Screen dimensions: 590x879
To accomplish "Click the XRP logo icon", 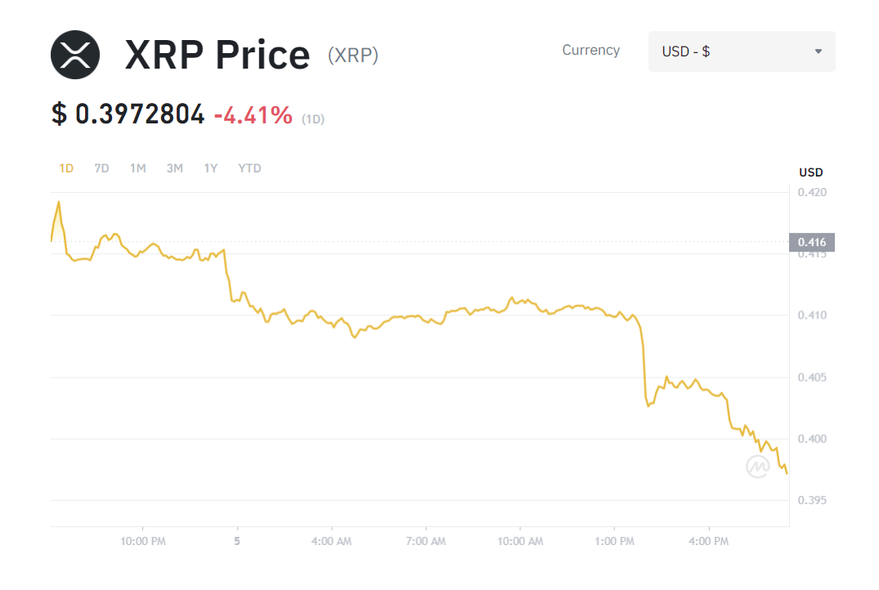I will (75, 55).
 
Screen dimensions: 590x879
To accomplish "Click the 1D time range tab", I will (66, 168).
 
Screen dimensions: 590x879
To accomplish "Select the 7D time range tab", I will (101, 168).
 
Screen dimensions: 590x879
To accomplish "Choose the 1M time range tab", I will (137, 168).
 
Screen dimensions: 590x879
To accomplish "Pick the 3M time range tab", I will (174, 168).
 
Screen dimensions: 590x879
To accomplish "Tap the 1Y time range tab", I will (211, 168).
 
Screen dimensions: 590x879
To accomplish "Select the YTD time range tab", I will (249, 168).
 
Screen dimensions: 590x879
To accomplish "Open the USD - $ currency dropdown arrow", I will (818, 51).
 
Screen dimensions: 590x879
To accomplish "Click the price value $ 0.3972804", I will (128, 115).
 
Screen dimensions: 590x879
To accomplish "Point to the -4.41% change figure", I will (253, 115).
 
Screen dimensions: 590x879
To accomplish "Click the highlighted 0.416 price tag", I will (812, 242).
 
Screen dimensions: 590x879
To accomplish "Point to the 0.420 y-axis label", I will (812, 193).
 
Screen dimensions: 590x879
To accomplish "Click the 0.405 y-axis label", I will (812, 378).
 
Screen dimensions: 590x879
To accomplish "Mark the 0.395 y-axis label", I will (812, 500).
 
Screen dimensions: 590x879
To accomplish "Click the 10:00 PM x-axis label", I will (143, 541).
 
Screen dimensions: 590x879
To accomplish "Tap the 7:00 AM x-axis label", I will (425, 541).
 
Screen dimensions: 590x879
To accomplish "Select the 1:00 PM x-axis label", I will (614, 541).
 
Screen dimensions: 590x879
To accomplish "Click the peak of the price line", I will (58, 201).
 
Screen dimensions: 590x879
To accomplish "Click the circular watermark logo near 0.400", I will (757, 467).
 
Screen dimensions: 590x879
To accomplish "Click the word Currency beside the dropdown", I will (590, 51).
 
